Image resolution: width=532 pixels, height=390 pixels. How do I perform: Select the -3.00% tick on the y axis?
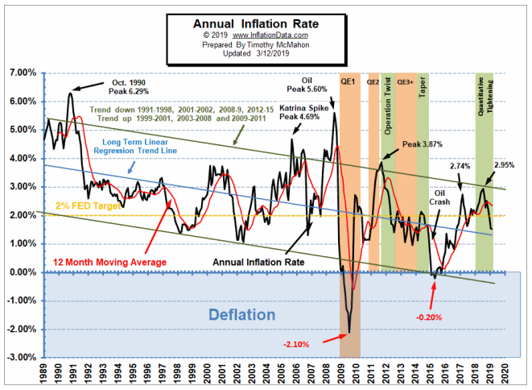21,357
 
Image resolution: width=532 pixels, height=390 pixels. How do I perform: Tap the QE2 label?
373,81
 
